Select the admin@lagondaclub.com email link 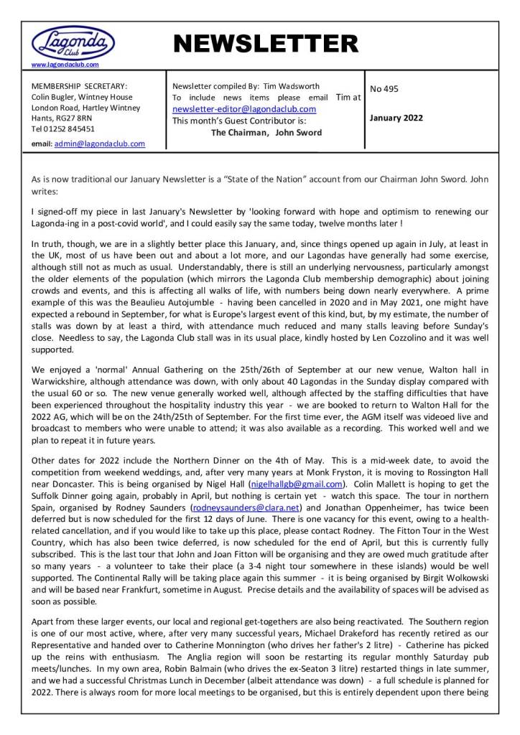pos(109,144)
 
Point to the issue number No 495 pos(384,89)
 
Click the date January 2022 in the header pos(396,118)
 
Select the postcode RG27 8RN pos(73,118)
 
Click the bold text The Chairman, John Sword pos(266,133)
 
